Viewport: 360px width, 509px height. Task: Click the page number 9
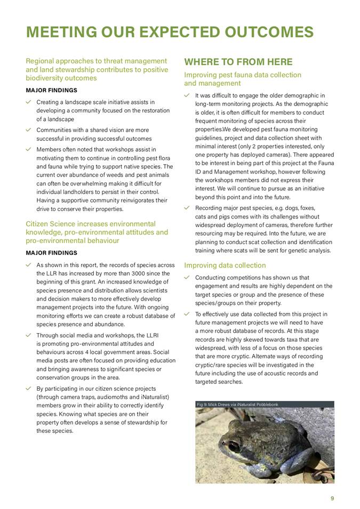332,498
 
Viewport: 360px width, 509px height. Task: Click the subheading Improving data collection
225,265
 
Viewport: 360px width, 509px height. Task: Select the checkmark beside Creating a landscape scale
29,102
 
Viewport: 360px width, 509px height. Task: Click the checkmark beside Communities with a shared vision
29,130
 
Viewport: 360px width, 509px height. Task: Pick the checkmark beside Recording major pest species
187,208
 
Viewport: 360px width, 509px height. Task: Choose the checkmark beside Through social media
29,335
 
